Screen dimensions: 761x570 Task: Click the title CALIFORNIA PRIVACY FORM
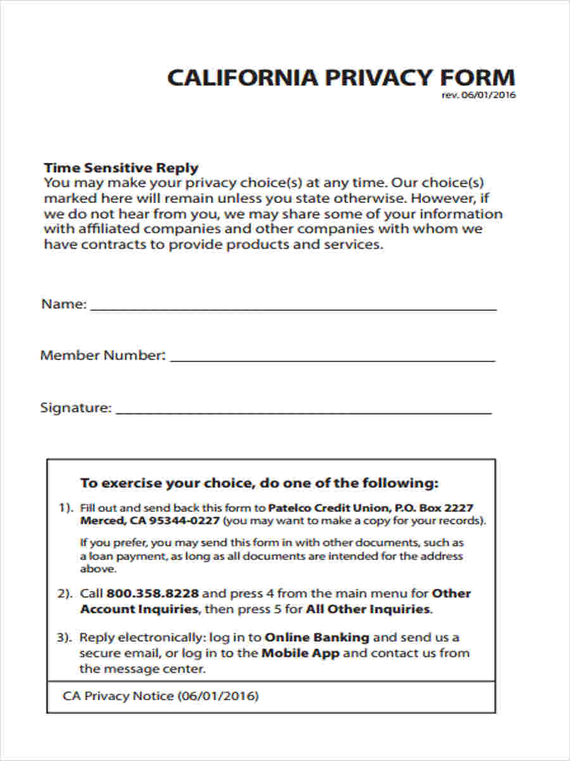[x=341, y=77]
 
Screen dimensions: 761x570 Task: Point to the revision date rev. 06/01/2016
[x=478, y=96]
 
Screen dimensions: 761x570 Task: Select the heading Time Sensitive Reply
[x=121, y=168]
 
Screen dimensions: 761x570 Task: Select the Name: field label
[x=63, y=304]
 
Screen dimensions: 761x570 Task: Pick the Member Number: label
[x=103, y=355]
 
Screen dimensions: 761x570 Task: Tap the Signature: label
[x=76, y=407]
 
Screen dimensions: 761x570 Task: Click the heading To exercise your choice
[x=259, y=483]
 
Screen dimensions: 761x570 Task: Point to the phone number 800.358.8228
[x=153, y=594]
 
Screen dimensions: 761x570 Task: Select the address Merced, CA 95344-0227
[x=150, y=521]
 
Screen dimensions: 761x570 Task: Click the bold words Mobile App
[x=300, y=653]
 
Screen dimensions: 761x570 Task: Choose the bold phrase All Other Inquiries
[x=368, y=609]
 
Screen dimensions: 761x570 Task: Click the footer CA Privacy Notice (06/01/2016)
[x=161, y=696]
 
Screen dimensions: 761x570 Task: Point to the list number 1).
[x=66, y=508]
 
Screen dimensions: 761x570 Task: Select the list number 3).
[x=66, y=637]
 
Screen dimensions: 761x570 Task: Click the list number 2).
[x=66, y=594]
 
